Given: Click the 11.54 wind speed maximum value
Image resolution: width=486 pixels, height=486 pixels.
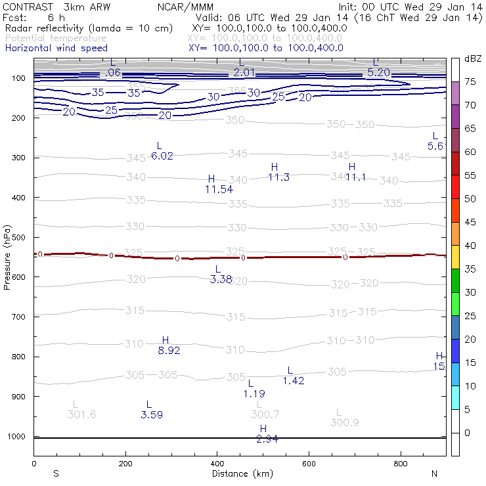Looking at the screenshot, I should pos(219,189).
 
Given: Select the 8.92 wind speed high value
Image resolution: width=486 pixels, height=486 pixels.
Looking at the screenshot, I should pos(169,351).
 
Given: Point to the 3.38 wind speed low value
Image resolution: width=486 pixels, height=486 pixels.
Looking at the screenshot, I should pos(221,279).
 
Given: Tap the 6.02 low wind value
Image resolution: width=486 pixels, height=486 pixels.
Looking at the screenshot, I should pos(162,156).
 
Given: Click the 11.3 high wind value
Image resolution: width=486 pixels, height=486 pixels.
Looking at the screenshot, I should pos(278,177).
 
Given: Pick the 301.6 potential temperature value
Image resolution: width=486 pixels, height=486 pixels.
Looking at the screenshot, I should pos(81,414).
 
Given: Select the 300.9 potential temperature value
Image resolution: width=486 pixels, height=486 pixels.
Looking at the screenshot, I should pos(345,423).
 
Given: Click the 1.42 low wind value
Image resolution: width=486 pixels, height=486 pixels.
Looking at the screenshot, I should pos(294,381).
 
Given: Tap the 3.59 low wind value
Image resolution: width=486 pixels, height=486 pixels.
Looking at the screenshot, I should pos(152,414).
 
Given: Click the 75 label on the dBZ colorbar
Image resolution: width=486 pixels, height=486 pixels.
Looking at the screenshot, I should pos(471,82).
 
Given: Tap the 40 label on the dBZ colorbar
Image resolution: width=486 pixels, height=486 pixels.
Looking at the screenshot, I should pos(471,246).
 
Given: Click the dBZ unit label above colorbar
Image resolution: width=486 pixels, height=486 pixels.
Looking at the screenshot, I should pos(473,59).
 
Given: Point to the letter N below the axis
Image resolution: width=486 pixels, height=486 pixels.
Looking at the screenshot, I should pos(435,474).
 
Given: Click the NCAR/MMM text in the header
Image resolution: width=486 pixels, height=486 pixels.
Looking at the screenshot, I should pos(186,7).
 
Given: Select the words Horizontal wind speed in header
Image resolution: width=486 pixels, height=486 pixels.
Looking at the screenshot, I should pos(56,49).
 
